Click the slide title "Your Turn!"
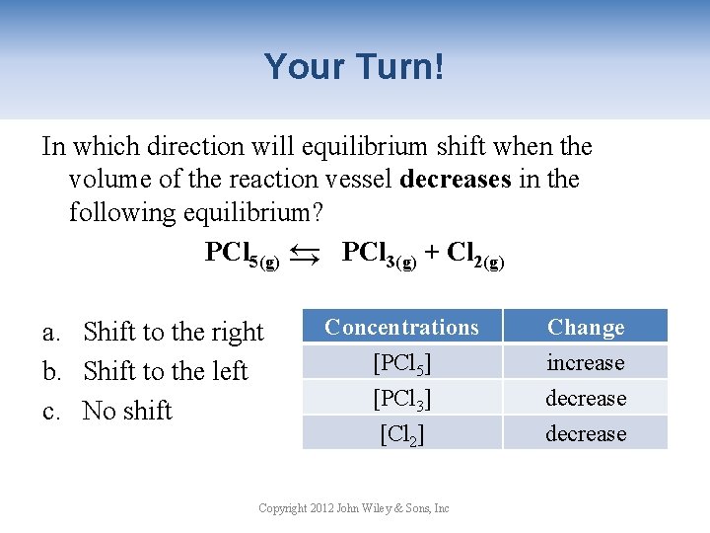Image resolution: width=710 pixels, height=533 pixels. [x=354, y=67]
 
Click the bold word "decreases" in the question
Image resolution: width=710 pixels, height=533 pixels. [x=456, y=180]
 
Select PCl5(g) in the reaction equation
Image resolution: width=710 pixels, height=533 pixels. [x=243, y=255]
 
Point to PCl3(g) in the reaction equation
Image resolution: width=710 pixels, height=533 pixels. [x=379, y=255]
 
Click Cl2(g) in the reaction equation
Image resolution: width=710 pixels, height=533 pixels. [x=475, y=255]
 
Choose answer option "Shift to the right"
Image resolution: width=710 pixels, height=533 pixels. [x=173, y=332]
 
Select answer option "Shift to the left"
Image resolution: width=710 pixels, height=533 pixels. [x=165, y=371]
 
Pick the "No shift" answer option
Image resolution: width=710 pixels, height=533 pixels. [x=127, y=411]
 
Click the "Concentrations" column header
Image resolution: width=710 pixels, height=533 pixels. [x=401, y=327]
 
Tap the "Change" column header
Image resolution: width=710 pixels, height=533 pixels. [x=586, y=327]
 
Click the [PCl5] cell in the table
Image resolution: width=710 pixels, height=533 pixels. [x=401, y=363]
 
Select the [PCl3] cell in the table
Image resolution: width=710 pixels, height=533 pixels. [x=401, y=399]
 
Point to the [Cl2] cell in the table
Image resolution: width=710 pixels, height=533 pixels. [x=401, y=433]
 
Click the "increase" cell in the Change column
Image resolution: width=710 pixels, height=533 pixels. [x=586, y=362]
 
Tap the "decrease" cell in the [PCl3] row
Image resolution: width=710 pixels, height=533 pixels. [x=586, y=398]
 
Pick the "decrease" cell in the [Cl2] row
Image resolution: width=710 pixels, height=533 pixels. [x=586, y=433]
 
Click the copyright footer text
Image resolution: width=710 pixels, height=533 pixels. [x=354, y=508]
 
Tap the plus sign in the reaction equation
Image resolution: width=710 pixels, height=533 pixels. [x=432, y=254]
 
